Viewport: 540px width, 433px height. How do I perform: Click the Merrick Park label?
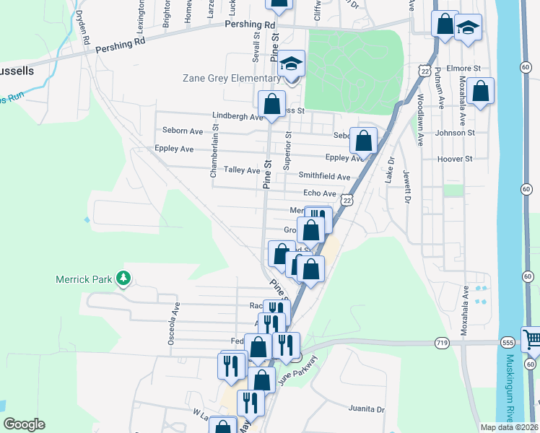click(x=85, y=278)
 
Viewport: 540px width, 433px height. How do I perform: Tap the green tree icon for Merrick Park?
click(x=124, y=277)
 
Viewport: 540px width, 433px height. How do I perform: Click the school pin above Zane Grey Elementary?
click(x=292, y=64)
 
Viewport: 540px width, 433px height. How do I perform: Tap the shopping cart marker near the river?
click(x=531, y=338)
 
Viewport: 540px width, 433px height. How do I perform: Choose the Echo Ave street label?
click(x=320, y=193)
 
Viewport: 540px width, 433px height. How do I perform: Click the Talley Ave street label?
click(x=241, y=170)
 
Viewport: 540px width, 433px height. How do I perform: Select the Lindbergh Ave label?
click(x=238, y=116)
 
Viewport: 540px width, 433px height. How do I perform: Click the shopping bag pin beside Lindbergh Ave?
click(x=271, y=105)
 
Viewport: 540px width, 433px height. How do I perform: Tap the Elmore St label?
click(x=463, y=69)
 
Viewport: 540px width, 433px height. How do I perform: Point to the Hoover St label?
click(x=454, y=159)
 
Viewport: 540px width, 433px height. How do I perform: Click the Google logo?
click(x=24, y=424)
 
